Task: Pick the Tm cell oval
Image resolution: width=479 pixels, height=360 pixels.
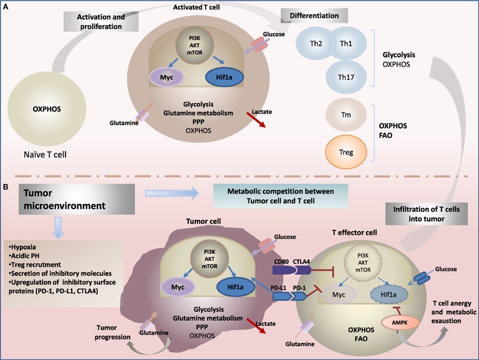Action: coord(346,115)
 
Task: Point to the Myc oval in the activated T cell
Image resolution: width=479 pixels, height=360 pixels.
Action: coord(166,78)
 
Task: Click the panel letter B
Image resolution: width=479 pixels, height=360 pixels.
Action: coord(5,187)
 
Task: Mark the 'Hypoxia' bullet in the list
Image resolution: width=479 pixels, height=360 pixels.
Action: coord(25,247)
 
